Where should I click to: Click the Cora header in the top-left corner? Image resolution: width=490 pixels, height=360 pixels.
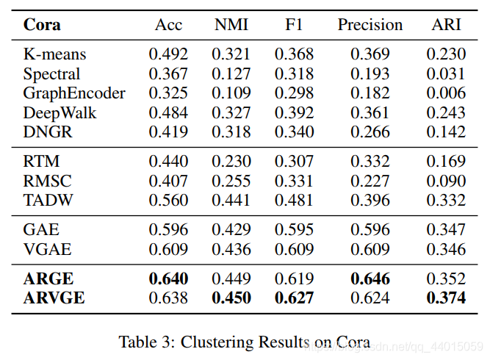(43, 24)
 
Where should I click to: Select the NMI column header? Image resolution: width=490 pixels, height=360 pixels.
(231, 24)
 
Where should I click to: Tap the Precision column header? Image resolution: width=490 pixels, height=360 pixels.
(370, 24)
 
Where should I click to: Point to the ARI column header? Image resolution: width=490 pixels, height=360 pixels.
(446, 24)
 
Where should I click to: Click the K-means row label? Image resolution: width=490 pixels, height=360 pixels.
(54, 54)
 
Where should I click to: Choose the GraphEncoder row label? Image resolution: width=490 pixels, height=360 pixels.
(74, 93)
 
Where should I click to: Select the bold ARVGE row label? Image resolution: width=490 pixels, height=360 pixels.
(54, 298)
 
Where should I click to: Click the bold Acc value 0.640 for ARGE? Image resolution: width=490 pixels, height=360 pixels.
(169, 279)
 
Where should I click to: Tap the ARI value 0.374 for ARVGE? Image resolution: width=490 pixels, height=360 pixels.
(446, 298)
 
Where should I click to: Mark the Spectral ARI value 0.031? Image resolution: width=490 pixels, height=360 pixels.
(446, 73)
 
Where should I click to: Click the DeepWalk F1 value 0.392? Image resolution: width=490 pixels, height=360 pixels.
(294, 112)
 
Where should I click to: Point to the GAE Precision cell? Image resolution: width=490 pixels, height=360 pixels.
(370, 230)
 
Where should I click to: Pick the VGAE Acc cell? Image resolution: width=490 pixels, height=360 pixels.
(169, 250)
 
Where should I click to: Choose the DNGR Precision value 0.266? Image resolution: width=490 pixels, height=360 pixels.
(370, 132)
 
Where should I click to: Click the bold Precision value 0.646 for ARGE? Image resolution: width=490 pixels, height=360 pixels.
(370, 279)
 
